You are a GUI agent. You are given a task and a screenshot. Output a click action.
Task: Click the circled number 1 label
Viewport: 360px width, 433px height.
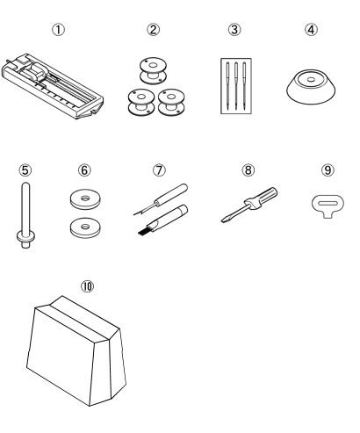pyautogui.click(x=58, y=30)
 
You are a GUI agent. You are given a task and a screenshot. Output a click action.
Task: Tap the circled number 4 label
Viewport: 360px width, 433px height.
pyautogui.click(x=311, y=29)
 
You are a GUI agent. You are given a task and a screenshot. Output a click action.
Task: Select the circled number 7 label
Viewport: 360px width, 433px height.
pyautogui.click(x=159, y=170)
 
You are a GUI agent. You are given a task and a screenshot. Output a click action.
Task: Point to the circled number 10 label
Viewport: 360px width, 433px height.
pyautogui.click(x=87, y=286)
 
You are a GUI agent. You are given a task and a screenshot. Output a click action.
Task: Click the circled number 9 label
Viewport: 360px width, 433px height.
pyautogui.click(x=328, y=170)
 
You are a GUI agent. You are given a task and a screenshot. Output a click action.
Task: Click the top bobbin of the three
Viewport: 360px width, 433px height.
pyautogui.click(x=153, y=70)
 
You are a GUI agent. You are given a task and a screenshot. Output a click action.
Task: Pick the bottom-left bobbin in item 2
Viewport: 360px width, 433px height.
pyautogui.click(x=141, y=102)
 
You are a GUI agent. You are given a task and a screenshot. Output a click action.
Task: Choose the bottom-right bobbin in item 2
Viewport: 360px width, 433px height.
pyautogui.click(x=171, y=102)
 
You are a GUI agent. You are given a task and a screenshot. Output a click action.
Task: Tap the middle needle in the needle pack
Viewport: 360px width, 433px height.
pyautogui.click(x=236, y=85)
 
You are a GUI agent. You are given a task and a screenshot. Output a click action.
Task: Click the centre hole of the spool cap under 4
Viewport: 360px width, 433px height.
pyautogui.click(x=311, y=79)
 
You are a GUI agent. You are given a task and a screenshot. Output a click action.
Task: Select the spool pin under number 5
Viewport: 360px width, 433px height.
pyautogui.click(x=25, y=215)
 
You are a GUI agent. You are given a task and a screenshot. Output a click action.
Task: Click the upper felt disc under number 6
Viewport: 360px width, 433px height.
pyautogui.click(x=85, y=199)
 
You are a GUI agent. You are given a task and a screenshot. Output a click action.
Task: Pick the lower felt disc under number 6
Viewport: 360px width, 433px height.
pyautogui.click(x=85, y=227)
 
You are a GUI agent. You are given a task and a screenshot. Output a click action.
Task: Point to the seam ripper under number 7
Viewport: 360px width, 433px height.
pyautogui.click(x=161, y=199)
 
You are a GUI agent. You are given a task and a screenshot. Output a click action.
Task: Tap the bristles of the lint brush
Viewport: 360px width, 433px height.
pyautogui.click(x=144, y=232)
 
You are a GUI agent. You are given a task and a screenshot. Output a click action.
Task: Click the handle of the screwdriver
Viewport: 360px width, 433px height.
pyautogui.click(x=263, y=197)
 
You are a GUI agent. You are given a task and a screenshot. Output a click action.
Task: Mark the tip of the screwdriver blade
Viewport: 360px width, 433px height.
pyautogui.click(x=222, y=221)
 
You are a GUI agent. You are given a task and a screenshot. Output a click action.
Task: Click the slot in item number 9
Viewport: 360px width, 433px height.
pyautogui.click(x=328, y=204)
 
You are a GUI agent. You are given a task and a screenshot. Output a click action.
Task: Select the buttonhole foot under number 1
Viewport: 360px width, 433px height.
pyautogui.click(x=53, y=86)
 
